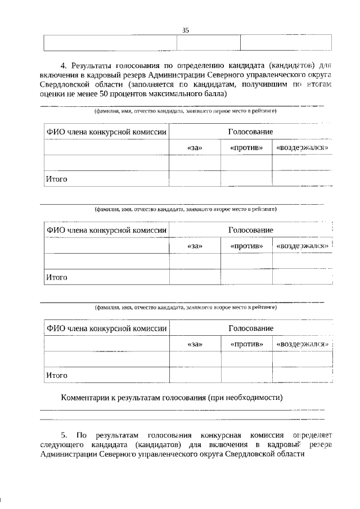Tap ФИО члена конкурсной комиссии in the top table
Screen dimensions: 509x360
(x=106, y=131)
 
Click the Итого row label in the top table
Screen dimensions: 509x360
(x=57, y=179)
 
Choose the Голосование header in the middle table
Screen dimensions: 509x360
(x=250, y=230)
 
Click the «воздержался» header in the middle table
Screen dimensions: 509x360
(x=301, y=246)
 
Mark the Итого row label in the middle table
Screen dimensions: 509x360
(x=57, y=277)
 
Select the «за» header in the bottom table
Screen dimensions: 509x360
(x=195, y=344)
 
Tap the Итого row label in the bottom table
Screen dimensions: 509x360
(x=57, y=375)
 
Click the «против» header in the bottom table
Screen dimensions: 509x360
(x=246, y=344)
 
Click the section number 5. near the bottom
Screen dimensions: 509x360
(x=64, y=435)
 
